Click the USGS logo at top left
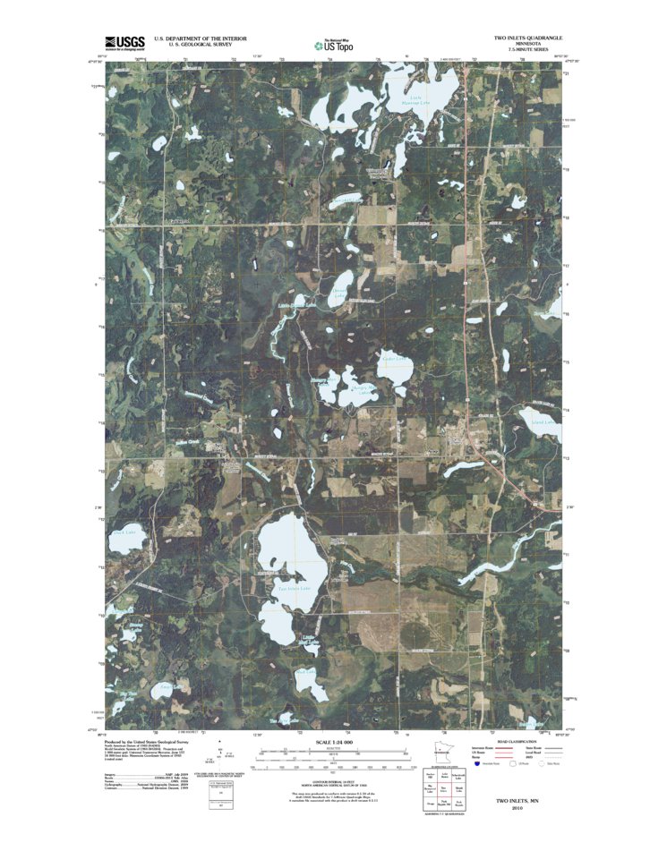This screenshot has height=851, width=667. pyautogui.click(x=124, y=42)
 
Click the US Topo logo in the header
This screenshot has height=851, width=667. pyautogui.click(x=333, y=44)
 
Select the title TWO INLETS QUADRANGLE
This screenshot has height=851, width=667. pyautogui.click(x=528, y=38)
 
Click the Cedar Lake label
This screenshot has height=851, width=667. pyautogui.click(x=394, y=361)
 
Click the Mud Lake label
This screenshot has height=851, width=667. pyautogui.click(x=305, y=671)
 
